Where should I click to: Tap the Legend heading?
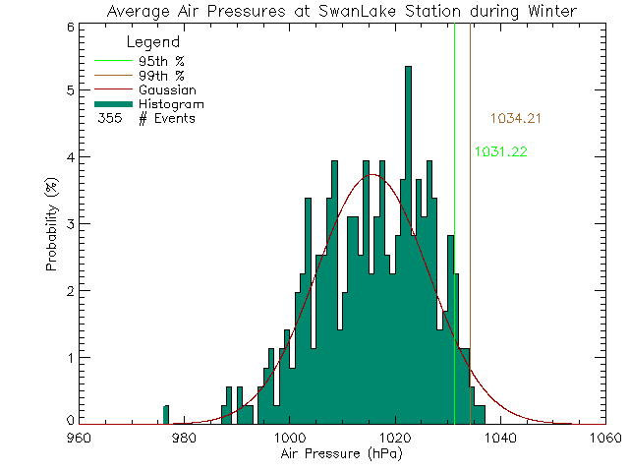(x=154, y=42)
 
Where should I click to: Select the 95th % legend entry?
(x=160, y=60)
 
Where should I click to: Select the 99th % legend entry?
(x=160, y=75)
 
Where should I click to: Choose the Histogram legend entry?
(x=171, y=103)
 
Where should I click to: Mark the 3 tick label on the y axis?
(x=69, y=223)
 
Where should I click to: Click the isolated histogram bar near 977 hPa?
(x=166, y=414)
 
